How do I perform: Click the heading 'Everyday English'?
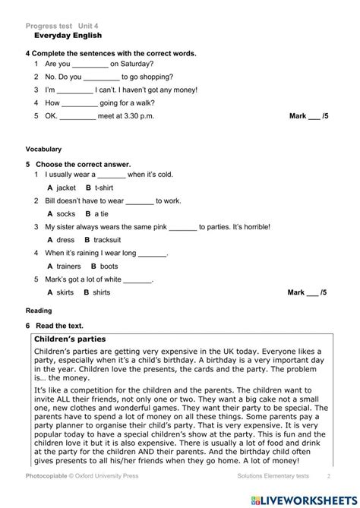[68, 36]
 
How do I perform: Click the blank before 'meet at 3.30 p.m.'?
[77, 115]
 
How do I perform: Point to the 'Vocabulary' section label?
[43, 150]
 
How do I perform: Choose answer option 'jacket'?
[66, 188]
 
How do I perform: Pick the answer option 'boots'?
[109, 267]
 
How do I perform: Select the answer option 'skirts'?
[65, 292]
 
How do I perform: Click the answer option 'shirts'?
[101, 292]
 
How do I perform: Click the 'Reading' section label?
[39, 311]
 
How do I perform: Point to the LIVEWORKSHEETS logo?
[308, 497]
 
